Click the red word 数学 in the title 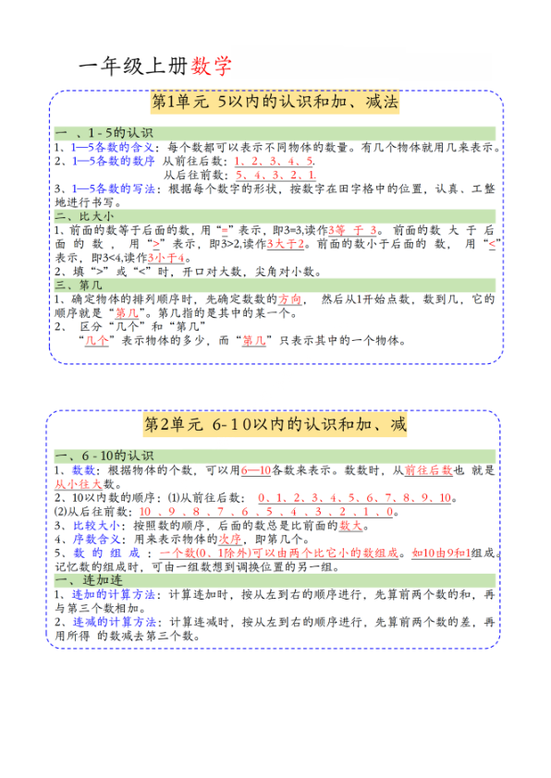coord(212,66)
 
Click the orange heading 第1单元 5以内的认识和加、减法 coord(275,103)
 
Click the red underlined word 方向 coord(291,299)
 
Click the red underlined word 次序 coord(231,539)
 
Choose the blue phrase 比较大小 coord(96,525)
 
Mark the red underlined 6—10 coord(256,469)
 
